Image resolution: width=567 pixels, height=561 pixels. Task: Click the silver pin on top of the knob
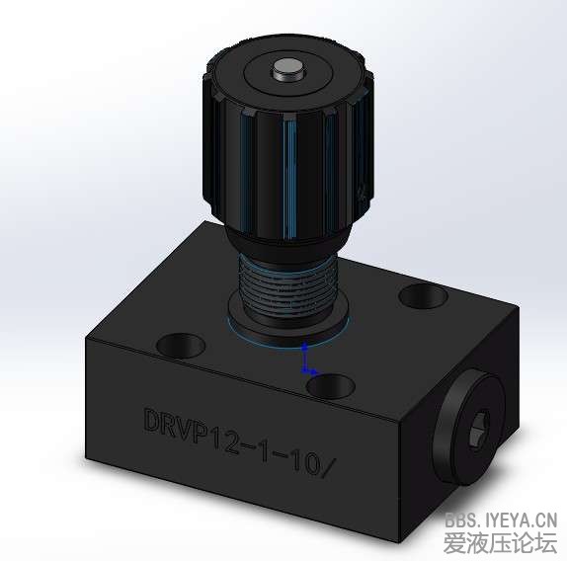pos(287,70)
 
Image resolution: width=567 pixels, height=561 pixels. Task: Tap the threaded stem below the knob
pos(289,281)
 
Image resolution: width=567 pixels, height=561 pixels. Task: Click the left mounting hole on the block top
pos(180,346)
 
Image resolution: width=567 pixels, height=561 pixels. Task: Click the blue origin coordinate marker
pos(307,361)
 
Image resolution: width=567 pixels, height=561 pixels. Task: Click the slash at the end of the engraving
pos(332,464)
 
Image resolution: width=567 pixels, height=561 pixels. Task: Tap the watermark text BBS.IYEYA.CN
pos(500,519)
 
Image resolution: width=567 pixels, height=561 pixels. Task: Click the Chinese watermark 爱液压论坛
pos(500,542)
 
